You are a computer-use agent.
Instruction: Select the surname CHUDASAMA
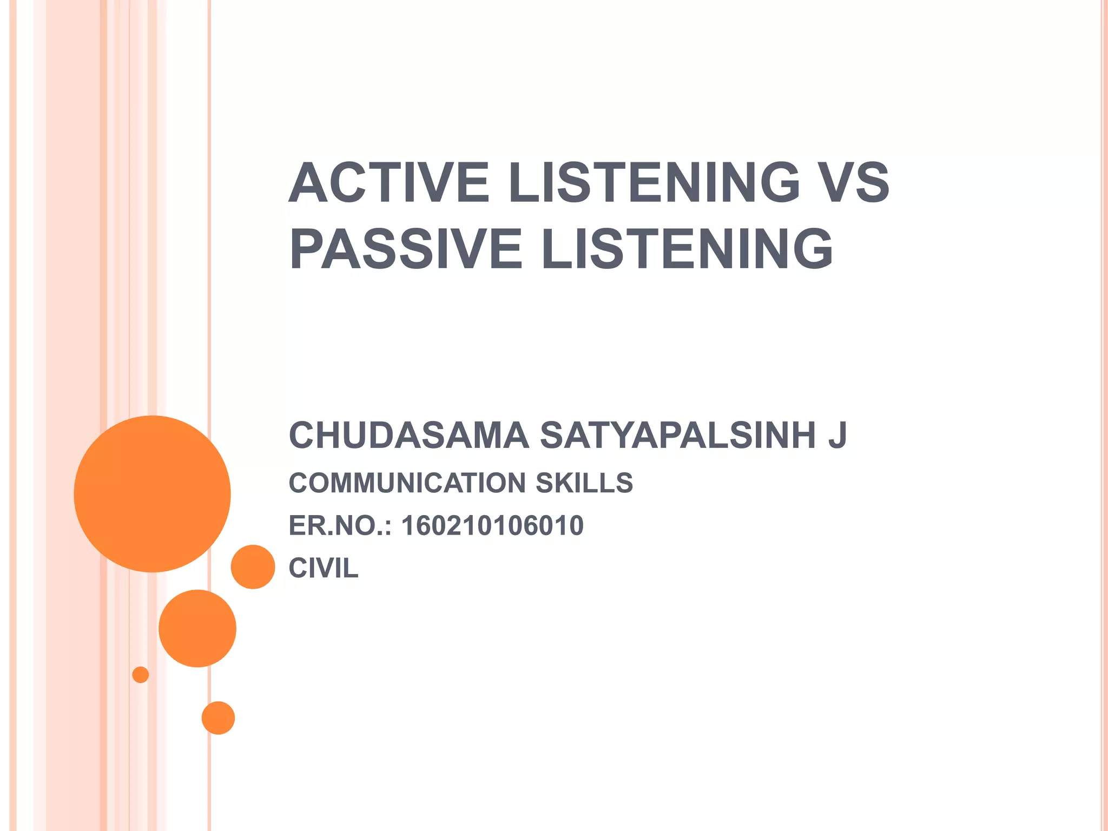point(408,436)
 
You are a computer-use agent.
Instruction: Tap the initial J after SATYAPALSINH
point(837,436)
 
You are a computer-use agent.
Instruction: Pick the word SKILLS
point(584,483)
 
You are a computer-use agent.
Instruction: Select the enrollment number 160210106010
point(492,526)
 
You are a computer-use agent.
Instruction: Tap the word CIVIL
point(324,569)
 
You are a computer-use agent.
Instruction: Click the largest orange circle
point(153,494)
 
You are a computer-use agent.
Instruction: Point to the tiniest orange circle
point(141,675)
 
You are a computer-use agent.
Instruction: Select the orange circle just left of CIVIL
point(253,567)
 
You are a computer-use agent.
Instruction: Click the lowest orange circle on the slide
point(218,718)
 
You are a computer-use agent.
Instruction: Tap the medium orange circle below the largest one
point(197,629)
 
